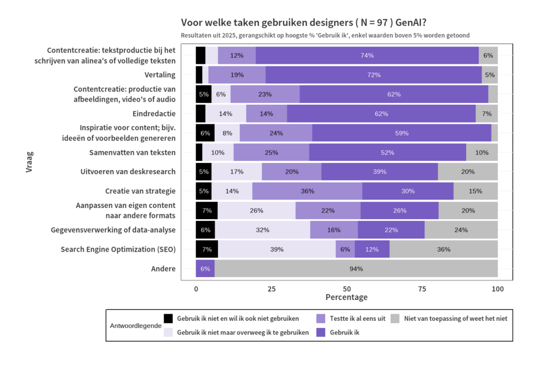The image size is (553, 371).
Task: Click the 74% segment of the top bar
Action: pos(367,56)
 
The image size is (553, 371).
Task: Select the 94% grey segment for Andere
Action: pos(356,269)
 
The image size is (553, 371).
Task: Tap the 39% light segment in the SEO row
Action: pos(276,249)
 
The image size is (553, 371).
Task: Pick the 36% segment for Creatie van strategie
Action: pos(307,191)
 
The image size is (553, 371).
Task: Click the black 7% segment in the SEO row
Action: pos(207,249)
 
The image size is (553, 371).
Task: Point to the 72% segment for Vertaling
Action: pos(374,75)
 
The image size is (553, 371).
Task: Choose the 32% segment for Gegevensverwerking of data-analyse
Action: pos(263,230)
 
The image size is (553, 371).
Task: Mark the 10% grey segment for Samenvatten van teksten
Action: pos(482,153)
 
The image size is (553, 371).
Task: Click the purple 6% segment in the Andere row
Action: pos(205,269)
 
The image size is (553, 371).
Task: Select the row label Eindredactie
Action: pos(154,114)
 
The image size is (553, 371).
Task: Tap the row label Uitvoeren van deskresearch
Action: pos(128,172)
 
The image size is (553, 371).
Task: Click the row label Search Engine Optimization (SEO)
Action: pos(118,249)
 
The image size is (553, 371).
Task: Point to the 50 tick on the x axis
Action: pos(347,289)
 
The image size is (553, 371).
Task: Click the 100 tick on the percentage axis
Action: pos(497,289)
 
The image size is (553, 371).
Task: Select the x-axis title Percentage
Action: pos(346,297)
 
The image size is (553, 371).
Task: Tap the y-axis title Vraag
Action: pos(29,162)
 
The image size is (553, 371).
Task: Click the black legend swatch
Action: pos(168,318)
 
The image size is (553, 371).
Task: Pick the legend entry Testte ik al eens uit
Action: pos(357,318)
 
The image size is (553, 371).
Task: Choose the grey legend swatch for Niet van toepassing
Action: pos(395,318)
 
